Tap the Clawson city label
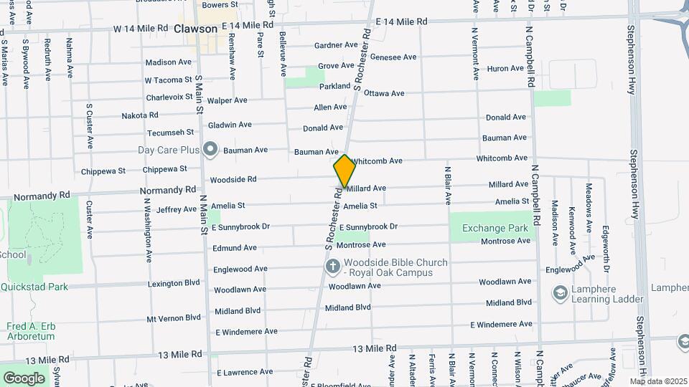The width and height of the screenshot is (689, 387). click(195, 29)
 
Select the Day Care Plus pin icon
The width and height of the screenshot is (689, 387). click(210, 150)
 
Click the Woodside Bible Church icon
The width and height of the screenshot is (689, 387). click(332, 267)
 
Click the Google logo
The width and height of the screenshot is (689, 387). click(24, 378)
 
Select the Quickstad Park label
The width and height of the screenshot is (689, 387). click(34, 287)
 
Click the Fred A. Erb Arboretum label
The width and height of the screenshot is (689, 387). click(31, 330)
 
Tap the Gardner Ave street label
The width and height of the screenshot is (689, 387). click(336, 46)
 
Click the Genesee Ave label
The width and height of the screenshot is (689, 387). click(393, 57)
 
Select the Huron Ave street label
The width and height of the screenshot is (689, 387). click(506, 69)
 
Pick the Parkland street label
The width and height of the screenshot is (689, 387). click(334, 86)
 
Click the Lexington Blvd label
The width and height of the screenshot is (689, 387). click(174, 284)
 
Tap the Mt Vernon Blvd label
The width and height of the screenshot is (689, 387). click(174, 318)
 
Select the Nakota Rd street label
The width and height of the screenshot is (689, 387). click(140, 115)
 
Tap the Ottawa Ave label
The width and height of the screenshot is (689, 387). click(384, 94)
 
